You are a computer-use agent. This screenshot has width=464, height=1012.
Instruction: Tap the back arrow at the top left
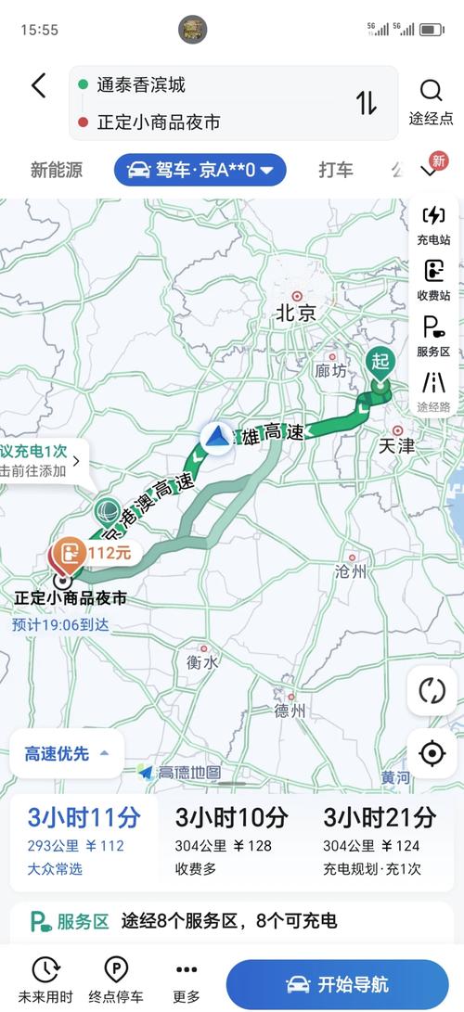click(x=38, y=86)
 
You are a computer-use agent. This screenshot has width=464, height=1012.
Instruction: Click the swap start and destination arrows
click(x=367, y=102)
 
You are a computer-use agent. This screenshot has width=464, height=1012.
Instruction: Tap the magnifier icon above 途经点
click(x=431, y=90)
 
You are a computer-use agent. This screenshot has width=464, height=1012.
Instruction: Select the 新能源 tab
click(x=56, y=170)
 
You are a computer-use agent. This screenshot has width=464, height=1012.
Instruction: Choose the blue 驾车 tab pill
click(x=200, y=170)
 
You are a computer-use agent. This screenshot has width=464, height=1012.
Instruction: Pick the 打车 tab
click(x=336, y=170)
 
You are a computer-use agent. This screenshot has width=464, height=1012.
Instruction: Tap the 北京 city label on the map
click(x=296, y=313)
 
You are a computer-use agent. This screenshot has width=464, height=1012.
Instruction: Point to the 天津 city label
click(x=396, y=446)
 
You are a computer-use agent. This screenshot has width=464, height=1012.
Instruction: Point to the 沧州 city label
click(x=351, y=571)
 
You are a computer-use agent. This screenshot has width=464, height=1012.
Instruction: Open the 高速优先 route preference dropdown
click(x=67, y=754)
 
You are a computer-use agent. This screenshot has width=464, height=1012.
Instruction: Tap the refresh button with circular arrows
click(x=432, y=691)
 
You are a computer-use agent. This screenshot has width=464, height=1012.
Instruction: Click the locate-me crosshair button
click(x=432, y=753)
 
